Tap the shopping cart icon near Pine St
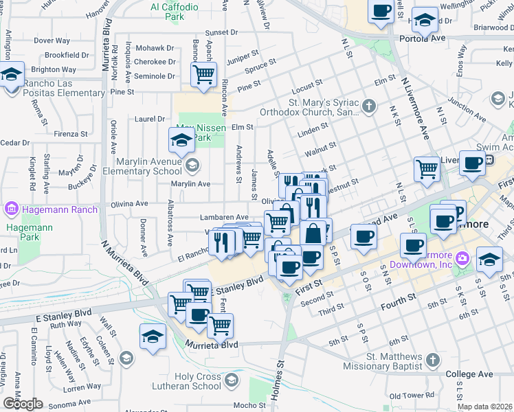[x=203, y=73]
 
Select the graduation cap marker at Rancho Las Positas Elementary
[x=11, y=73]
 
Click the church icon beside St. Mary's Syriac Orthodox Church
[x=370, y=106]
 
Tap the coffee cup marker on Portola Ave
[x=381, y=11]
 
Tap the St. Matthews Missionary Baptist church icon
[x=432, y=360]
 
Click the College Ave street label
[x=469, y=374]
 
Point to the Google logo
[x=23, y=404]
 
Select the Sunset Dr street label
[x=221, y=32]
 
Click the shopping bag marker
[x=313, y=233]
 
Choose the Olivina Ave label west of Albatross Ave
[x=130, y=204]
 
